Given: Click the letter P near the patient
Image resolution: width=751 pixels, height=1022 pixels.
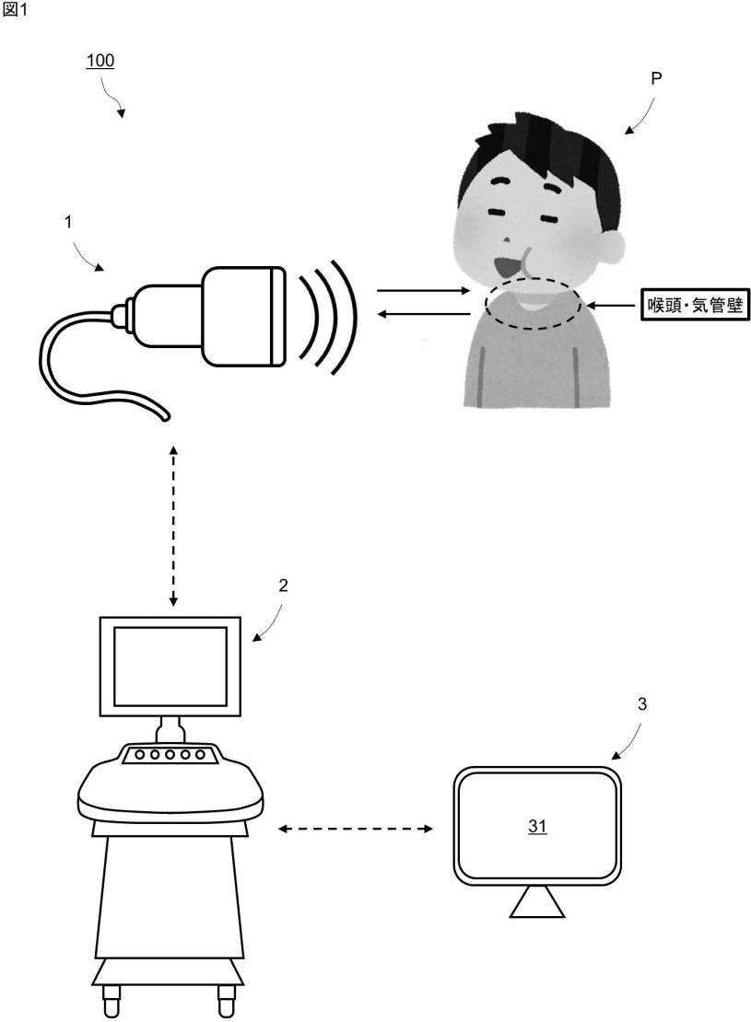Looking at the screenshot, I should [x=656, y=79].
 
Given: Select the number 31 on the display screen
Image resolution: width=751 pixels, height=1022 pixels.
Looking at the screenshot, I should [x=537, y=827].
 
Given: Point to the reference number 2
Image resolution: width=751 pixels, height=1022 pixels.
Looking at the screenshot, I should [x=283, y=586].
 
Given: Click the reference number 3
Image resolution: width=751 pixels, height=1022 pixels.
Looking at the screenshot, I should [x=641, y=705].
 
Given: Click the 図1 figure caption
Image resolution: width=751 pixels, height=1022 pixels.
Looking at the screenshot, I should [x=14, y=9].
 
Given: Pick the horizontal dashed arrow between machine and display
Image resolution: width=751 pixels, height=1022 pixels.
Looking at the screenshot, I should [x=356, y=830].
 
